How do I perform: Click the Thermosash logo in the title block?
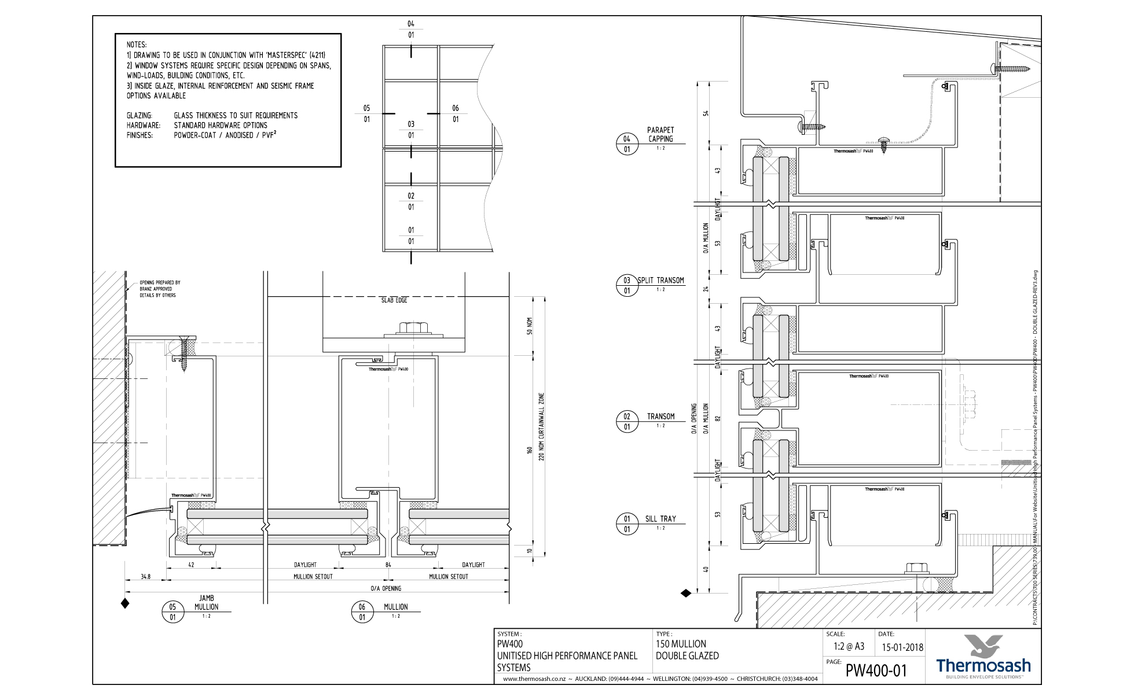[983, 657]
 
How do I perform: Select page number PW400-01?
[876, 670]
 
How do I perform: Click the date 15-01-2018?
[902, 647]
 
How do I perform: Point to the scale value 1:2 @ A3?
[849, 647]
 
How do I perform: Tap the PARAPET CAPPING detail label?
[660, 134]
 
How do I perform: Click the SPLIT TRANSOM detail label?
[660, 281]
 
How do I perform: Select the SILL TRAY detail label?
[660, 519]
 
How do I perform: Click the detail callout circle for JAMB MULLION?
[173, 612]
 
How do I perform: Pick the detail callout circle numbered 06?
[362, 612]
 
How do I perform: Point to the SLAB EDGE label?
[394, 300]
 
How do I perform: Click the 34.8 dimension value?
[145, 577]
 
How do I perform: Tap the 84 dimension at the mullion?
[388, 565]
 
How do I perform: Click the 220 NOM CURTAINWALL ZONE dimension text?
[542, 426]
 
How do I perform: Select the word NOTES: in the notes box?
[137, 45]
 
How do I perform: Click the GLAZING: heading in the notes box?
[140, 116]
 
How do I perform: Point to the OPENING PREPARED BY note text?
[160, 283]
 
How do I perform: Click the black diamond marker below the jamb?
[124, 604]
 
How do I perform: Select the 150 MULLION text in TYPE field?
[681, 644]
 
